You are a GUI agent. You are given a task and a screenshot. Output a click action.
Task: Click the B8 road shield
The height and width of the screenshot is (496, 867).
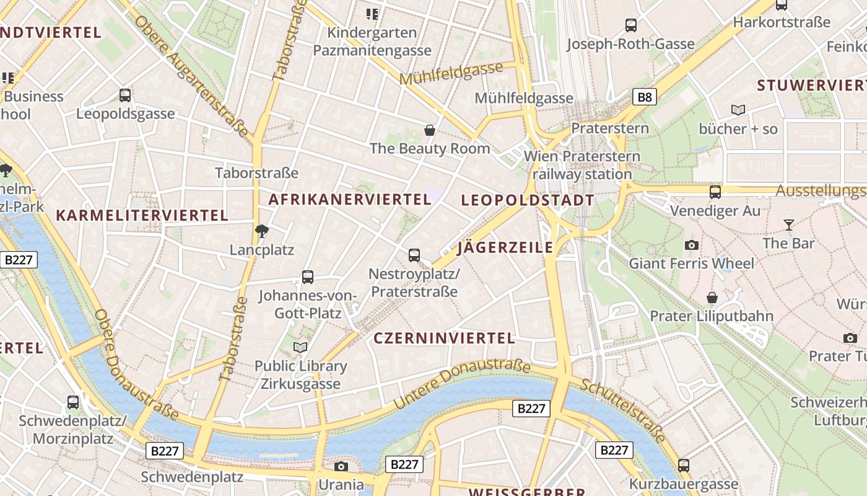coord(645,97)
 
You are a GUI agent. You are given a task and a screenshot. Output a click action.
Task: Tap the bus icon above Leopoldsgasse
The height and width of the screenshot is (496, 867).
coord(125,95)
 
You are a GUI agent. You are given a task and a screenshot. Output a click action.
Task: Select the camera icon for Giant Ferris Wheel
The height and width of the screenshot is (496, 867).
coord(692,245)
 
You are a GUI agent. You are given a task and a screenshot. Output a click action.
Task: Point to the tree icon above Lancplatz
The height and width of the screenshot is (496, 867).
coord(262,231)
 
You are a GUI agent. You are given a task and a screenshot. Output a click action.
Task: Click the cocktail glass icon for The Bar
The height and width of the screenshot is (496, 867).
coord(789,224)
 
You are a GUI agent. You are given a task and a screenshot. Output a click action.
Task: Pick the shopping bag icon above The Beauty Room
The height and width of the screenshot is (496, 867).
coord(430,130)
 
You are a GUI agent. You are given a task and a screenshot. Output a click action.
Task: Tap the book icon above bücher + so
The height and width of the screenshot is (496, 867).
coord(738,110)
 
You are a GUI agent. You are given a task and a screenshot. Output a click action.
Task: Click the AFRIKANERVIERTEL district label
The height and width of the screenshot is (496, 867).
coord(350,200)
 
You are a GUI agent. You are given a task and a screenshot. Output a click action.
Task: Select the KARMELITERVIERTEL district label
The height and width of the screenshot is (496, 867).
coord(142,216)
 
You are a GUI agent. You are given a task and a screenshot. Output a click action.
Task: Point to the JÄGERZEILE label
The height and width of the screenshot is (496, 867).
coord(505,248)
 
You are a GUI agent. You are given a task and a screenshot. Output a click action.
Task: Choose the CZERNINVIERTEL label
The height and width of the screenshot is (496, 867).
coord(445,338)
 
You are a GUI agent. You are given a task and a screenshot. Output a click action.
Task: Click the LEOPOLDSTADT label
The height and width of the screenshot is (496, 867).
coord(528,200)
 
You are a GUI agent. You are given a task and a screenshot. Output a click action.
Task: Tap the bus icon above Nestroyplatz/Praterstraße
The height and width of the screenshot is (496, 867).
coord(414,255)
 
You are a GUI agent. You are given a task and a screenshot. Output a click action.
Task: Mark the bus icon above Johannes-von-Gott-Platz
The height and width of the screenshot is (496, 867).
coord(308,277)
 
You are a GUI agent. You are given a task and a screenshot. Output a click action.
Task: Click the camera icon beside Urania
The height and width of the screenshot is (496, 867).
coord(341,466)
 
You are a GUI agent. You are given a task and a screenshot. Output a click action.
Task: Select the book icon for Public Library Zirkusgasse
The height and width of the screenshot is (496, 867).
coord(300,347)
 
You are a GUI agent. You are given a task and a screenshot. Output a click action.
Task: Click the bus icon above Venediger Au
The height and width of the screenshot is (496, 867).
coord(715,192)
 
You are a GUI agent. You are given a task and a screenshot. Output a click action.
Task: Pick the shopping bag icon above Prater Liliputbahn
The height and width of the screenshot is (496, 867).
coord(712,298)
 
